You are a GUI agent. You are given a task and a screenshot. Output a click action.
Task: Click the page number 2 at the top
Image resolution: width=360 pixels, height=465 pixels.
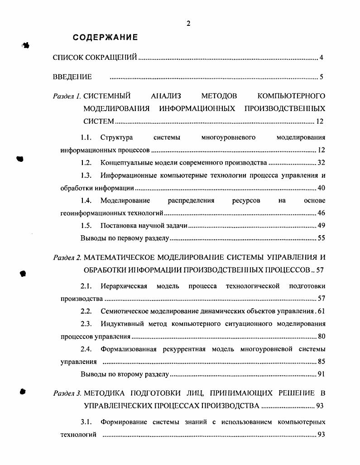point(188,24)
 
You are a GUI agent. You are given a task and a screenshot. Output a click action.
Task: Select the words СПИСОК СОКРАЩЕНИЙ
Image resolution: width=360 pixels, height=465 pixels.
point(95,58)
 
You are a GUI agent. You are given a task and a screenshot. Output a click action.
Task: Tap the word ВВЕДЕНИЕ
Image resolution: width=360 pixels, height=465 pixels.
point(72,77)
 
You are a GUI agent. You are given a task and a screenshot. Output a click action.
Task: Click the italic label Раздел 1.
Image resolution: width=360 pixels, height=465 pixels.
point(67,96)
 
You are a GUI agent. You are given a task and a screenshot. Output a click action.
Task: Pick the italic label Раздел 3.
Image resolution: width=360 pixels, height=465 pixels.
point(67,392)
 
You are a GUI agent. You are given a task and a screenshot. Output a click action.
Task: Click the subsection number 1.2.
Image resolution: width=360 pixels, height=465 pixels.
point(86,163)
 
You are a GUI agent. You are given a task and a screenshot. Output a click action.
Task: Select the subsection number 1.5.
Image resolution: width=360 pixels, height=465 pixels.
point(86,225)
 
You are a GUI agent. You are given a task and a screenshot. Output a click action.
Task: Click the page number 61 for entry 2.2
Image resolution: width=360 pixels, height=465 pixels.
point(321,311)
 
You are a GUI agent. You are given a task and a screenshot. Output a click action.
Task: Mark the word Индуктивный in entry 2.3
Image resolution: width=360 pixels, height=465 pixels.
point(119,324)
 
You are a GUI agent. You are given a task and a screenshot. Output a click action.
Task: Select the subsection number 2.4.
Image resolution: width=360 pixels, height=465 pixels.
point(86,349)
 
